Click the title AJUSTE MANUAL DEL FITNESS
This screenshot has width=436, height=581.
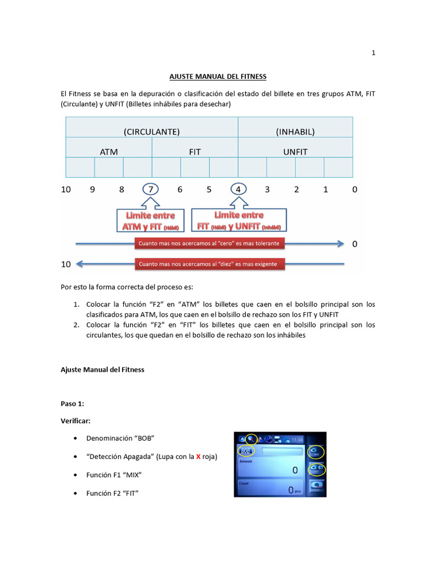(x=218, y=76)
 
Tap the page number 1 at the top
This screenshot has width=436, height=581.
(x=373, y=53)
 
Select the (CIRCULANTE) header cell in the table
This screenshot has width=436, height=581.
(x=152, y=132)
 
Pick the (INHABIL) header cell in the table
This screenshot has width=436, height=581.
(x=295, y=132)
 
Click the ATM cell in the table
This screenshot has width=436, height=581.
(x=109, y=152)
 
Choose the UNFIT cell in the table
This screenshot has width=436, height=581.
(x=295, y=152)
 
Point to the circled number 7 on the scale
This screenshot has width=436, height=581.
(x=150, y=190)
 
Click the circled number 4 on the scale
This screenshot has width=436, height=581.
(x=238, y=190)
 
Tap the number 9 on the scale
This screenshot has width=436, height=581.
(x=92, y=190)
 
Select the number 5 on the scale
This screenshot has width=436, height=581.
(x=209, y=190)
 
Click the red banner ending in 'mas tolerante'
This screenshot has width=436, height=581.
(x=209, y=244)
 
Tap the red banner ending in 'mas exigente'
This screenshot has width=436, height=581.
(x=209, y=264)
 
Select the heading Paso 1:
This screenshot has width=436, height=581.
(x=72, y=403)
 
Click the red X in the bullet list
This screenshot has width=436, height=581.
(x=198, y=457)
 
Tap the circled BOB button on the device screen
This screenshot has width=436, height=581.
(x=246, y=451)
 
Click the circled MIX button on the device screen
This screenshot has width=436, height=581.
(x=316, y=452)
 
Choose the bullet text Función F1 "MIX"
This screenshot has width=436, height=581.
(x=114, y=474)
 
